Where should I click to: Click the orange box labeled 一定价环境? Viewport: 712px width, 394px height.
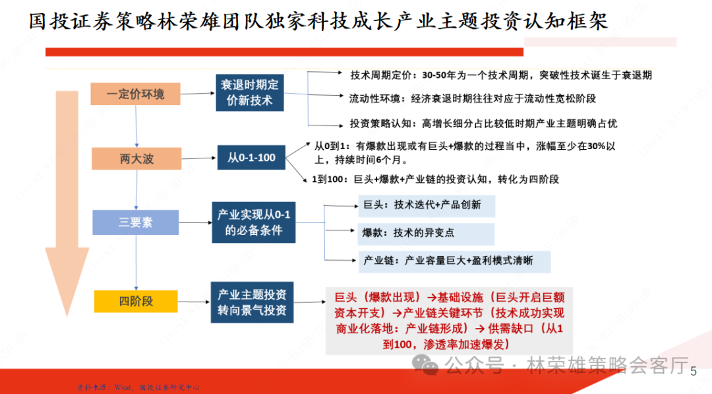pyautogui.click(x=136, y=94)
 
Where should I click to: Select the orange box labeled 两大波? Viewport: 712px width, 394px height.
pyautogui.click(x=136, y=158)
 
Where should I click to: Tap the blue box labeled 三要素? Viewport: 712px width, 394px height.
pyautogui.click(x=135, y=222)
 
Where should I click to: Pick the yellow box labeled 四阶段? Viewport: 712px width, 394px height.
pyautogui.click(x=136, y=301)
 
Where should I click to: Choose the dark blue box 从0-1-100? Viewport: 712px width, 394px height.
pyautogui.click(x=251, y=158)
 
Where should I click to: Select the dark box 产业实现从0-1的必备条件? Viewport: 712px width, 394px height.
pyautogui.click(x=253, y=222)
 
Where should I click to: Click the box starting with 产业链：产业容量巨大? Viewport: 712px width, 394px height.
pyautogui.click(x=455, y=261)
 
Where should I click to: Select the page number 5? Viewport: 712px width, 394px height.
pyautogui.click(x=693, y=372)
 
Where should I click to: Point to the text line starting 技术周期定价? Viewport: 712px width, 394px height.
pyautogui.click(x=501, y=75)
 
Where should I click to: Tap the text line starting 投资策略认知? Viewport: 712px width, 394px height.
pyautogui.click(x=483, y=123)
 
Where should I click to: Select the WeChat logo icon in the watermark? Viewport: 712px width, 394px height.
pyautogui.click(x=424, y=364)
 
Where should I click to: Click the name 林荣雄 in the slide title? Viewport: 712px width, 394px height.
pyautogui.click(x=198, y=22)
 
